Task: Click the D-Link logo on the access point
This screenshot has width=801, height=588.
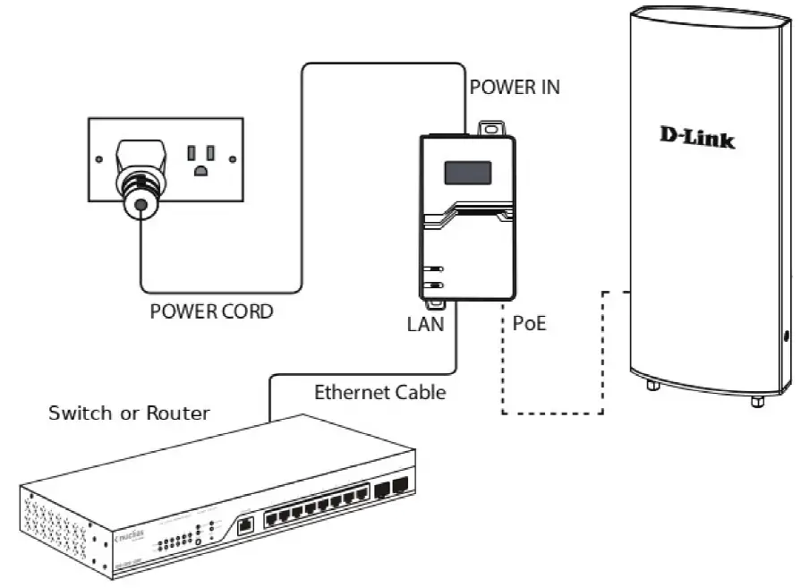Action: pyautogui.click(x=697, y=137)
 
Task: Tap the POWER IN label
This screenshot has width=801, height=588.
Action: pyautogui.click(x=515, y=88)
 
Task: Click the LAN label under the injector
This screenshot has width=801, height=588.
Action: pyautogui.click(x=425, y=324)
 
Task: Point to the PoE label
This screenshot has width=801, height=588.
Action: pyautogui.click(x=529, y=324)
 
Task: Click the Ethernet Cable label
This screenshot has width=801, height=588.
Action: pyautogui.click(x=379, y=392)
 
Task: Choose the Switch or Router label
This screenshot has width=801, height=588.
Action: pyautogui.click(x=129, y=413)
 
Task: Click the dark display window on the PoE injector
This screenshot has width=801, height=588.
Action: pyautogui.click(x=467, y=172)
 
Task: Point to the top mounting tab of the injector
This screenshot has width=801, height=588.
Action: pyautogui.click(x=488, y=129)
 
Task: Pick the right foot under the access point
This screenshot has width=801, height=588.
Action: pyautogui.click(x=757, y=400)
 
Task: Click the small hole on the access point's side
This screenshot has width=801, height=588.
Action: pyautogui.click(x=785, y=337)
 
